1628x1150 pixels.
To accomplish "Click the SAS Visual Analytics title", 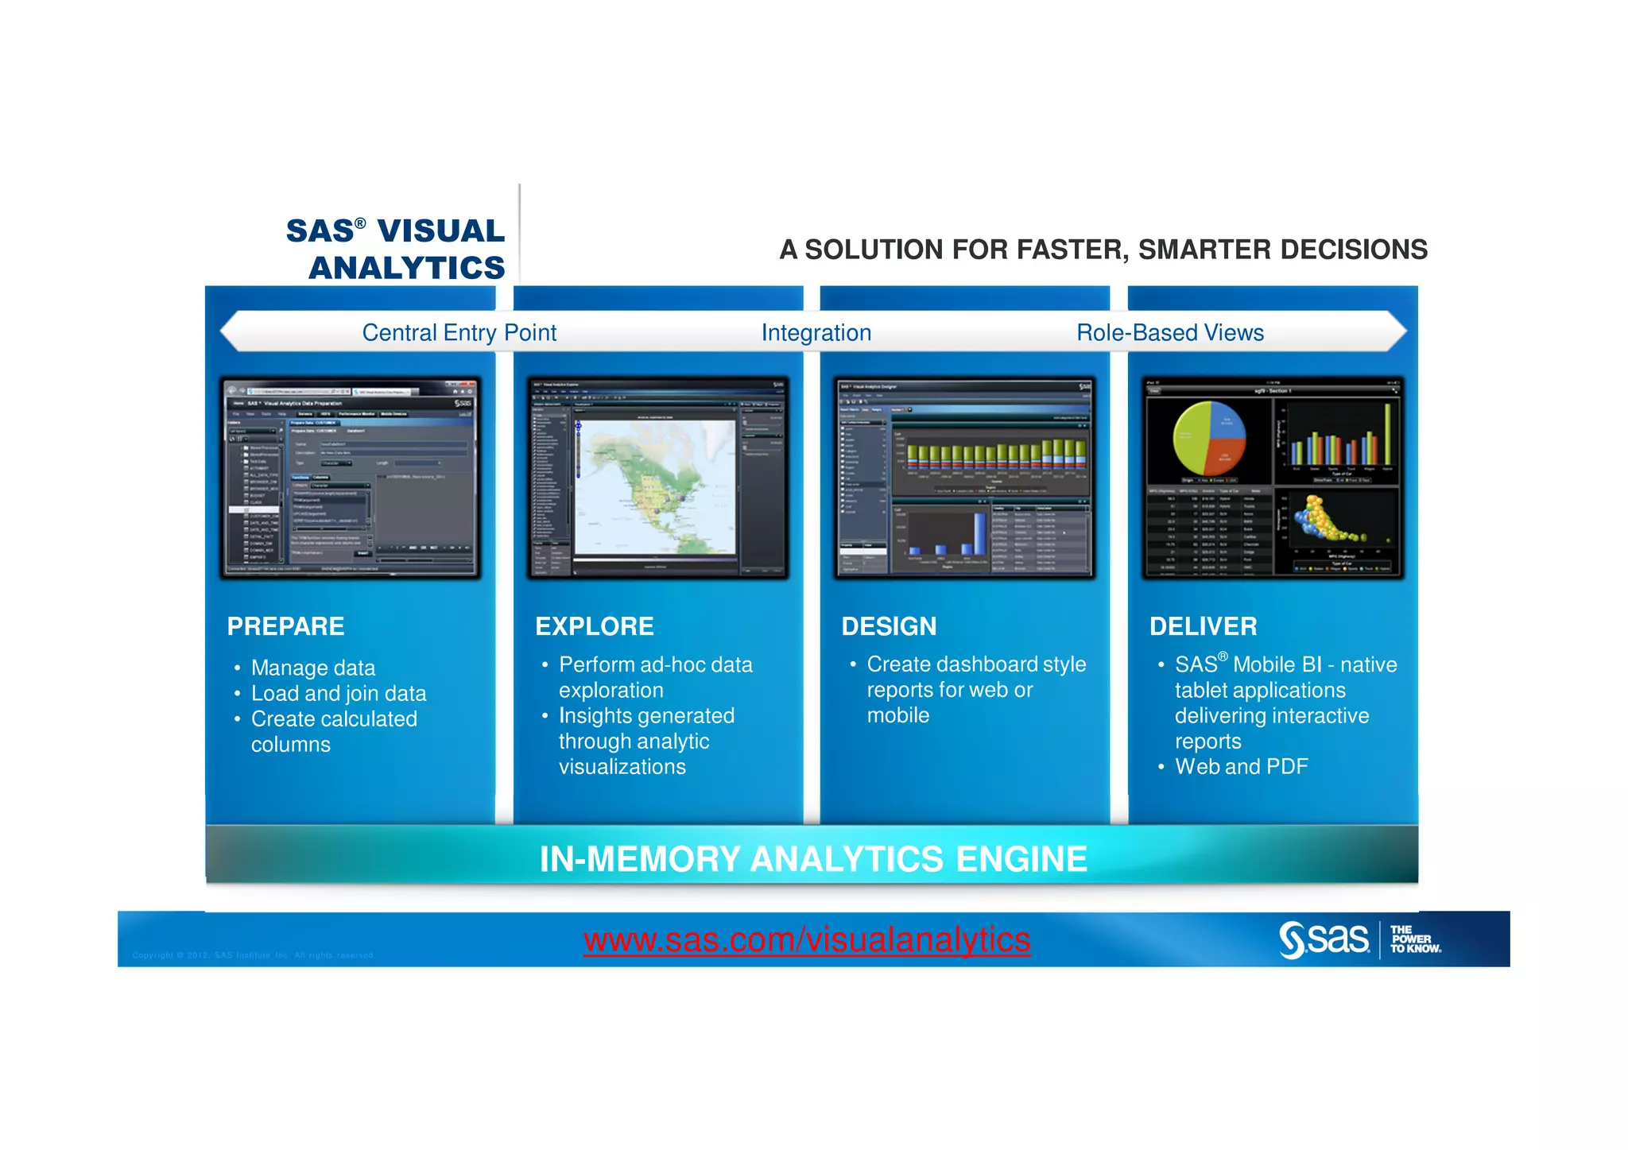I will pyautogui.click(x=396, y=249).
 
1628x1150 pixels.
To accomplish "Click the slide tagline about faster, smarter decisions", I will pyautogui.click(x=1103, y=250).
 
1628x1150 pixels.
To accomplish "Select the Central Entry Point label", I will pyautogui.click(x=459, y=332).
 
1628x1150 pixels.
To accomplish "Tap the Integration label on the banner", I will pyautogui.click(x=816, y=332).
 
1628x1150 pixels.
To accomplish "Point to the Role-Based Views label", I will pyautogui.click(x=1169, y=332).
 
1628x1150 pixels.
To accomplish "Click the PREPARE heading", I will pyautogui.click(x=285, y=626).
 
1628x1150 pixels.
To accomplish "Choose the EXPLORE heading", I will pyautogui.click(x=594, y=626).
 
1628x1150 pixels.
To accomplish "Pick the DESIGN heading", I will pyautogui.click(x=889, y=626).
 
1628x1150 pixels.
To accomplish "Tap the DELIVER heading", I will pyautogui.click(x=1203, y=626).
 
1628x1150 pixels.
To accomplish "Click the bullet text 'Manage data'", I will pyautogui.click(x=312, y=668).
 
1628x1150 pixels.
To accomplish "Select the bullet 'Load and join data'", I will pyautogui.click(x=339, y=693).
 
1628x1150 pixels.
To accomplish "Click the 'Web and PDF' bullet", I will pyautogui.click(x=1241, y=766).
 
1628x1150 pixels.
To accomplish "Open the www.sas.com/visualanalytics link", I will pyautogui.click(x=807, y=939).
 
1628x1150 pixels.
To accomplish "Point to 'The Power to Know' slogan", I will pyautogui.click(x=1415, y=939).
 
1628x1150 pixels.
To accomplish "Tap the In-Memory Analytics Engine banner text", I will pyautogui.click(x=812, y=858).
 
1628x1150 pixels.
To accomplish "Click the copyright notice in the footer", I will pyautogui.click(x=253, y=955).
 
